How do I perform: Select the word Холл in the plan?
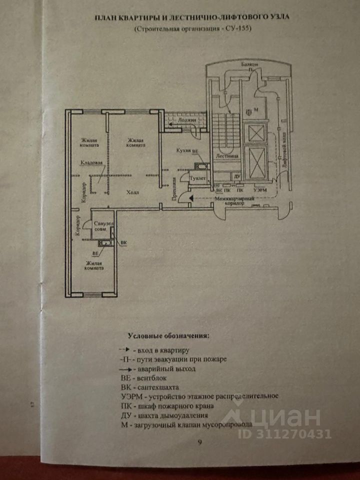tap(132, 192)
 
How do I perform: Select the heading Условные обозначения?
tap(168, 334)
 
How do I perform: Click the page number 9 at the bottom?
tap(200, 442)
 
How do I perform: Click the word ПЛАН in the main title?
tap(106, 17)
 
